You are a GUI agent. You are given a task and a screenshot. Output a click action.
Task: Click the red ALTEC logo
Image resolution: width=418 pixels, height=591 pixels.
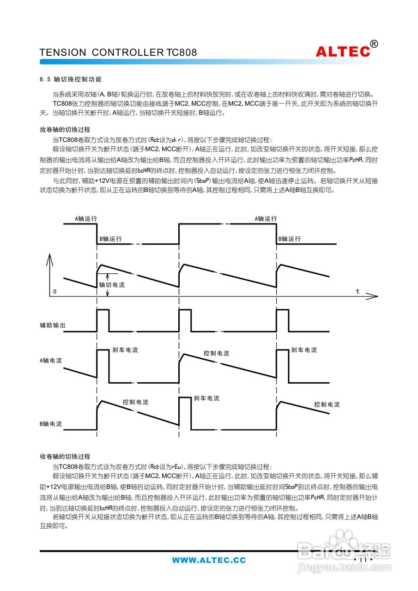343,51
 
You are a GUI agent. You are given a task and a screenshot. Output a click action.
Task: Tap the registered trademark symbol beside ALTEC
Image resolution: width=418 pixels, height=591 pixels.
374,44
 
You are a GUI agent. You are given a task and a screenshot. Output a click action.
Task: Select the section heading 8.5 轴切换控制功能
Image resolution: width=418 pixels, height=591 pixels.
71,79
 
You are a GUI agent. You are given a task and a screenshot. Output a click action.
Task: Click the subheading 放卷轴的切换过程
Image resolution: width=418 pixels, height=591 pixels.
65,130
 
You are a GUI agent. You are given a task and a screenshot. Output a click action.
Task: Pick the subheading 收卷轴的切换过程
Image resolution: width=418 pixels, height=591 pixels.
65,456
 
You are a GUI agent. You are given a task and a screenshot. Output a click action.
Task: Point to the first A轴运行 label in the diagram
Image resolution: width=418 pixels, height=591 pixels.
86,219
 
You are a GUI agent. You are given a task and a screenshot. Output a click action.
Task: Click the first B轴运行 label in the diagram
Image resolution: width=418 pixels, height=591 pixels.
111,239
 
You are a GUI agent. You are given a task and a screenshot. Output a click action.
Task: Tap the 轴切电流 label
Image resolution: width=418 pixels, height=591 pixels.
112,285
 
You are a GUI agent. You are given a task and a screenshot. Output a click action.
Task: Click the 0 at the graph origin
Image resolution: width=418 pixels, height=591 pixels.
55,292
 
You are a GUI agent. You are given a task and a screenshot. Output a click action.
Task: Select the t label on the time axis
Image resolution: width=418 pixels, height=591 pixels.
357,291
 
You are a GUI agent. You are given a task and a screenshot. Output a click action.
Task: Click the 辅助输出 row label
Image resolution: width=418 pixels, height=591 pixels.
52,326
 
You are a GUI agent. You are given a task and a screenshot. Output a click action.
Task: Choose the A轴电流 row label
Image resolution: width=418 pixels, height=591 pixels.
51,361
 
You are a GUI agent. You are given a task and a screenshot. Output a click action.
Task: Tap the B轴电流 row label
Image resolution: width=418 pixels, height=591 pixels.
51,423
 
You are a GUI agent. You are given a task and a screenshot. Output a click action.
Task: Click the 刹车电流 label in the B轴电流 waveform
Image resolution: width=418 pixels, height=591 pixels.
207,398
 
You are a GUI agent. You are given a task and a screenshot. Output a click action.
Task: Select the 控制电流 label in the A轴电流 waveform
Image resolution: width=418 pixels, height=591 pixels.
217,353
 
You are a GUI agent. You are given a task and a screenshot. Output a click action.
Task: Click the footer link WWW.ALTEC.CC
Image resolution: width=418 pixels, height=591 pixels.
209,561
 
